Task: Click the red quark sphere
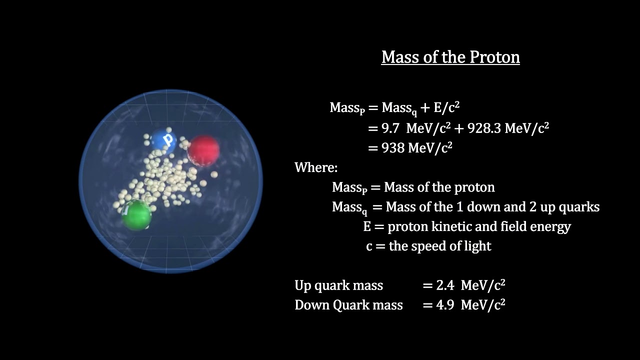pyautogui.click(x=203, y=149)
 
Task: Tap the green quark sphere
pyautogui.click(x=136, y=215)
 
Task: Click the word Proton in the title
pyautogui.click(x=494, y=57)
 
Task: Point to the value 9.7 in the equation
pyautogui.click(x=390, y=128)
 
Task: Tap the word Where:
pyautogui.click(x=316, y=167)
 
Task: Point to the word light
pyautogui.click(x=477, y=246)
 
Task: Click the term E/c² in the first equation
pyautogui.click(x=447, y=107)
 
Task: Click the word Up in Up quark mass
pyautogui.click(x=303, y=285)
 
